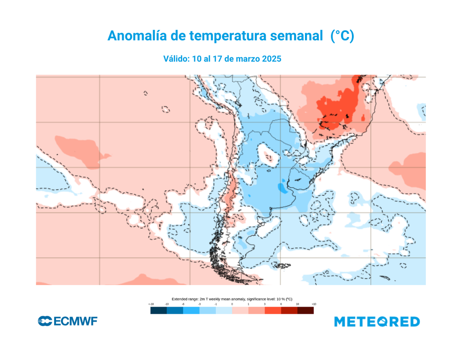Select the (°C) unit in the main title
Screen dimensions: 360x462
tap(342, 36)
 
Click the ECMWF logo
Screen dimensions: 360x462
tap(68, 322)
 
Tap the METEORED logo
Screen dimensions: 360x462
tap(377, 322)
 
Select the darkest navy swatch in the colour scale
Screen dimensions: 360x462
tap(158, 310)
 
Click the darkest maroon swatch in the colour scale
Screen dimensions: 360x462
tap(305, 310)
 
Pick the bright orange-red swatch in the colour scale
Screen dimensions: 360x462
tap(273, 310)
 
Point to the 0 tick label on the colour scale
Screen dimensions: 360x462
tap(232, 305)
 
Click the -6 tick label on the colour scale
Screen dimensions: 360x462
tap(183, 305)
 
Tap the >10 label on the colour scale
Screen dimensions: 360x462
tap(313, 305)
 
